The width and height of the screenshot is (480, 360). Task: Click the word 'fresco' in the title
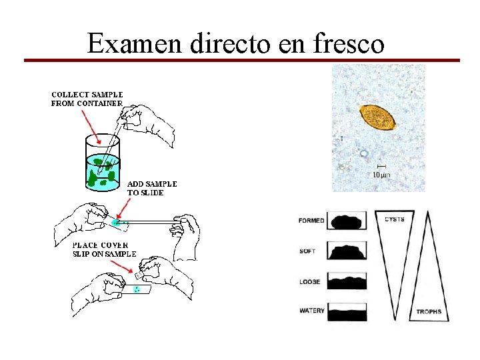click(348, 44)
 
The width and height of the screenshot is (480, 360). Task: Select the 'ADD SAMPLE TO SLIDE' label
click(152, 187)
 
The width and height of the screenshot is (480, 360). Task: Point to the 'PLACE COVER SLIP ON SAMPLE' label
click(104, 249)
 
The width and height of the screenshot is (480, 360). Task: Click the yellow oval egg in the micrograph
click(377, 117)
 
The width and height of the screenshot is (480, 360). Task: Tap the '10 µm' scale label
click(381, 174)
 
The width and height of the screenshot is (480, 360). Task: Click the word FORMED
click(311, 221)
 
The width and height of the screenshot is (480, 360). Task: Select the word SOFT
click(307, 251)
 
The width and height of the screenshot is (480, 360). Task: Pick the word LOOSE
click(309, 281)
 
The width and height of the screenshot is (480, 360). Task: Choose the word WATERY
click(311, 311)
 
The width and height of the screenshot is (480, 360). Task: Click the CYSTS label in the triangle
click(394, 219)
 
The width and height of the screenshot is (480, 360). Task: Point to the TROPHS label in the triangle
click(429, 312)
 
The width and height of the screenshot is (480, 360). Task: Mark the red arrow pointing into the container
click(90, 127)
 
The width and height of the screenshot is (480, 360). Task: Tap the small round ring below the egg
click(363, 153)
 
